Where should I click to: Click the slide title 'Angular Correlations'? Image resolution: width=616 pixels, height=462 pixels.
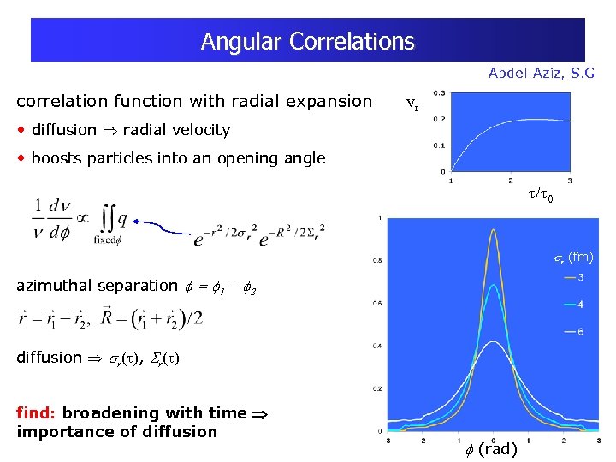[307, 41]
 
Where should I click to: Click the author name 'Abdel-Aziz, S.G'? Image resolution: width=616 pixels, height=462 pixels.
[541, 74]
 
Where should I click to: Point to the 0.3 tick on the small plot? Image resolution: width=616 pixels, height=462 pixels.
[438, 92]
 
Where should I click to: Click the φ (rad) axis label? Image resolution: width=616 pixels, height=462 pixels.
[491, 449]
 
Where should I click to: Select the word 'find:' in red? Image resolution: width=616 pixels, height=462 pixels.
[37, 412]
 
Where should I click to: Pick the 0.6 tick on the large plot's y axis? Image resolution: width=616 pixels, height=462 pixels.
[376, 302]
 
